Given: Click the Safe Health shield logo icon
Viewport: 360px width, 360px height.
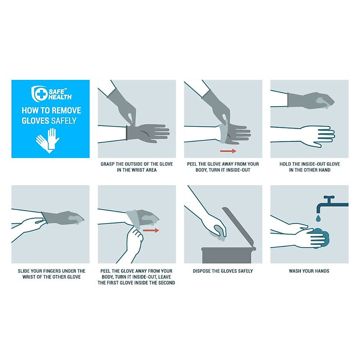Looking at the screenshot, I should [39, 94].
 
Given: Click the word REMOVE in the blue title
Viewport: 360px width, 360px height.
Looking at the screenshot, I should [66, 110].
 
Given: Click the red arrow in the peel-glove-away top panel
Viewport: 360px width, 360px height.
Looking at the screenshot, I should [228, 151].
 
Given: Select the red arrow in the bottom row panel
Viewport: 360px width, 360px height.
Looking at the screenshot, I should [151, 230].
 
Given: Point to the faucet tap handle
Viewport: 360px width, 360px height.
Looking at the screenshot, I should [329, 198].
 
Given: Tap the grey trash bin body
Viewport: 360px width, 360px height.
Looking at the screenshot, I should [227, 256].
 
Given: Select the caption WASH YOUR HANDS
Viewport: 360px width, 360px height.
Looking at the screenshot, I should [309, 271].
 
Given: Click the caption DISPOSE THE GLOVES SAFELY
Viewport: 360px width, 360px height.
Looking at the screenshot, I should [223, 271].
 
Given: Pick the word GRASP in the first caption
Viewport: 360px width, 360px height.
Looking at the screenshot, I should [107, 164].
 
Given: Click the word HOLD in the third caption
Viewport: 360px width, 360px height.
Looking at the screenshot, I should [285, 164].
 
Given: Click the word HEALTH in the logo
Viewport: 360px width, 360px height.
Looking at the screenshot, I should [60, 97].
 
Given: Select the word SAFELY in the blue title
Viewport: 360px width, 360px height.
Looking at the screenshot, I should [64, 121].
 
